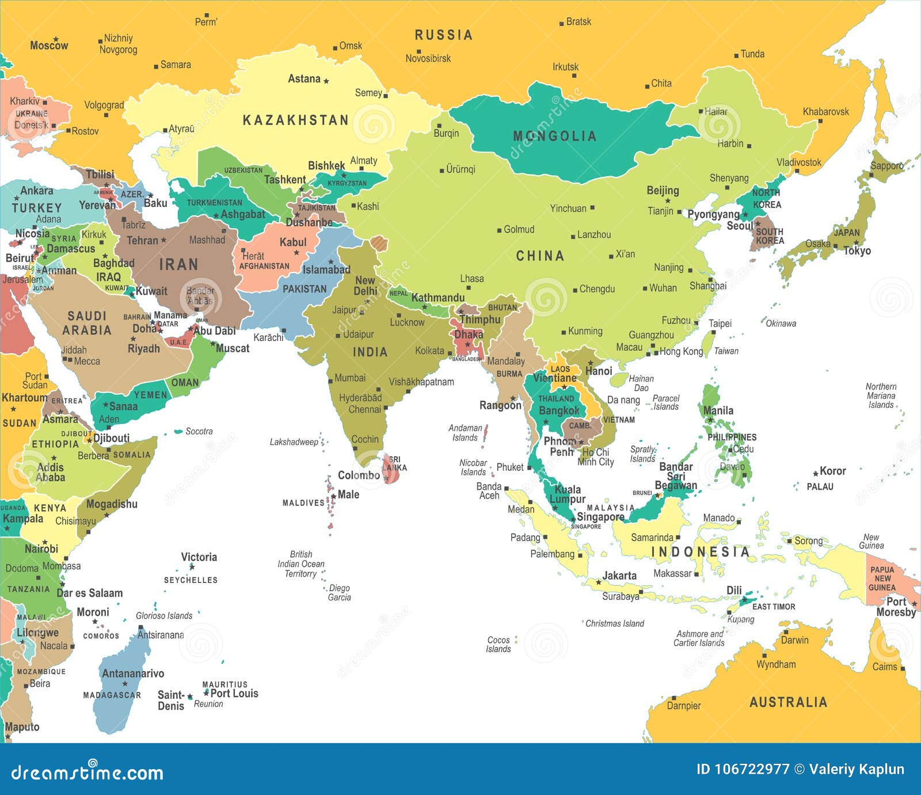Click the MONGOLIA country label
click(x=555, y=136)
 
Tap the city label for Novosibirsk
click(x=428, y=58)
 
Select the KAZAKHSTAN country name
click(x=295, y=120)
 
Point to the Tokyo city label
click(x=857, y=251)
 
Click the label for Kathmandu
click(x=437, y=298)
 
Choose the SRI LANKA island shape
click(x=391, y=468)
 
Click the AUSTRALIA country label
click(x=788, y=702)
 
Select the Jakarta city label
click(x=619, y=576)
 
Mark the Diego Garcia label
click(x=339, y=593)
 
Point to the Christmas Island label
click(x=614, y=623)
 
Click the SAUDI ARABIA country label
click(x=87, y=323)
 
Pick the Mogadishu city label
click(x=112, y=504)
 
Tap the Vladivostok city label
click(x=799, y=162)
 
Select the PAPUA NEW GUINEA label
click(x=882, y=578)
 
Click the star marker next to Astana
click(x=326, y=81)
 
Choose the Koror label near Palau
click(x=832, y=471)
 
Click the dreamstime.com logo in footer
click(x=87, y=773)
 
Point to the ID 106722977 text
click(x=743, y=769)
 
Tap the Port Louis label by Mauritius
click(x=234, y=694)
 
